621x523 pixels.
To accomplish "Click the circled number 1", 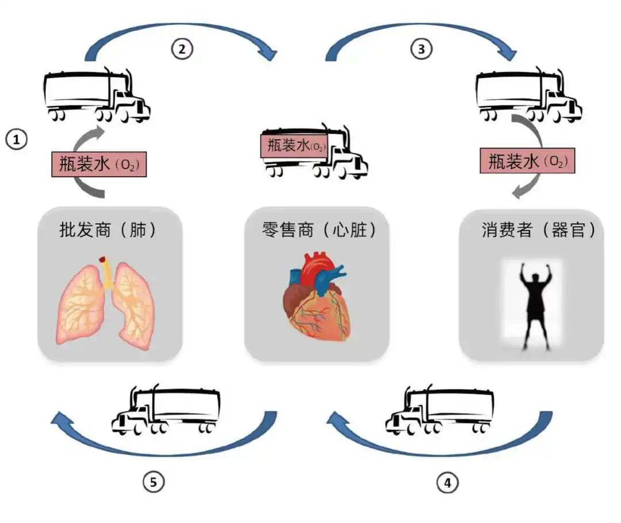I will pyautogui.click(x=17, y=139).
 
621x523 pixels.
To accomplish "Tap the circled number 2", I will pyautogui.click(x=182, y=49).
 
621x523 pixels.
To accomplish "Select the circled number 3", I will pyautogui.click(x=421, y=49).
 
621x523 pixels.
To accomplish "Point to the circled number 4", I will pyautogui.click(x=447, y=482).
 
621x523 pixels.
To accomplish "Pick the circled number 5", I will pyautogui.click(x=153, y=482).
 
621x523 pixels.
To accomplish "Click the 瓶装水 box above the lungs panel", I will pyautogui.click(x=95, y=166).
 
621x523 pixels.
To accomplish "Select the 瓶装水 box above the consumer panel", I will pyautogui.click(x=527, y=162).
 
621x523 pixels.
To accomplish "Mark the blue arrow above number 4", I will pyautogui.click(x=443, y=443).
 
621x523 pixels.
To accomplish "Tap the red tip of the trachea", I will pyautogui.click(x=103, y=260).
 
